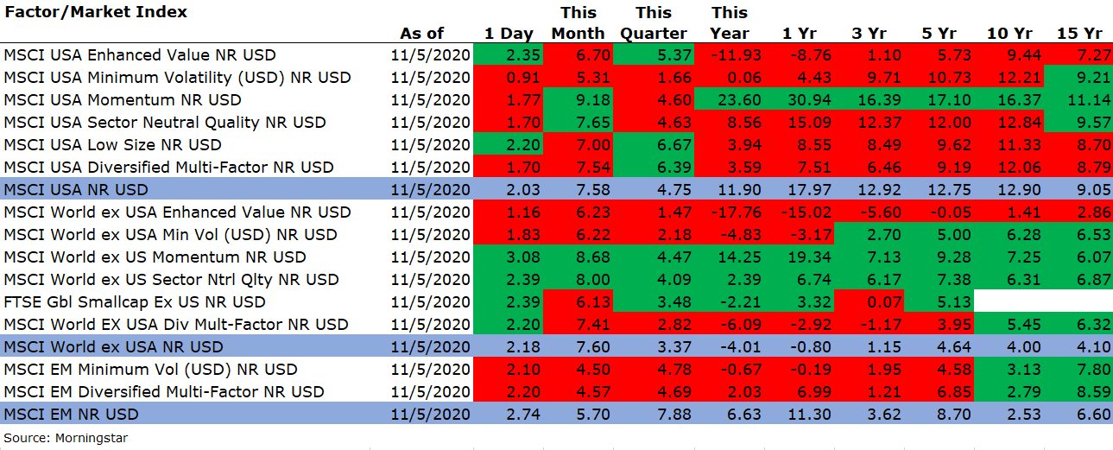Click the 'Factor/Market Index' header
[95, 11]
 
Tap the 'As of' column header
[421, 34]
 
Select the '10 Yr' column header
[1009, 34]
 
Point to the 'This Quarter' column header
[654, 22]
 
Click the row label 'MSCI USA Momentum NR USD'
[123, 100]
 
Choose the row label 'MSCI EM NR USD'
[71, 415]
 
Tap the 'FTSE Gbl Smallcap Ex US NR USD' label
[135, 301]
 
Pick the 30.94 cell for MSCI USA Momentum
[809, 100]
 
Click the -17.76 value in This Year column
[736, 212]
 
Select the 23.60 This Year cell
[739, 100]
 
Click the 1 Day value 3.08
[522, 257]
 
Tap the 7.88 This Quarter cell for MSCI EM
[674, 415]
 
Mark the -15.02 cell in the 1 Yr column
[806, 212]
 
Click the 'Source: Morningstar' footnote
[66, 438]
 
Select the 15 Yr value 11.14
[1089, 100]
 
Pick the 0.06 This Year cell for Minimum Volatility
[743, 78]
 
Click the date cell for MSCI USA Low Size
[430, 145]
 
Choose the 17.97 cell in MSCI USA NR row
[809, 190]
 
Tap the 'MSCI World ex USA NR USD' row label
[113, 346]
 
